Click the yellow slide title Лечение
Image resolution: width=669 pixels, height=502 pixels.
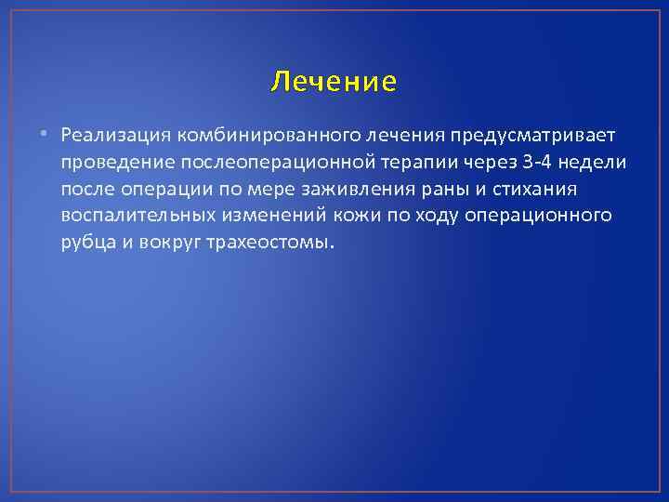(334, 83)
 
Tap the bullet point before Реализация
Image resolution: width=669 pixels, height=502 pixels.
(46, 136)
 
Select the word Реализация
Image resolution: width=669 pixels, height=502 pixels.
(112, 136)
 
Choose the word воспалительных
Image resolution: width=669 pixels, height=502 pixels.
(135, 216)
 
